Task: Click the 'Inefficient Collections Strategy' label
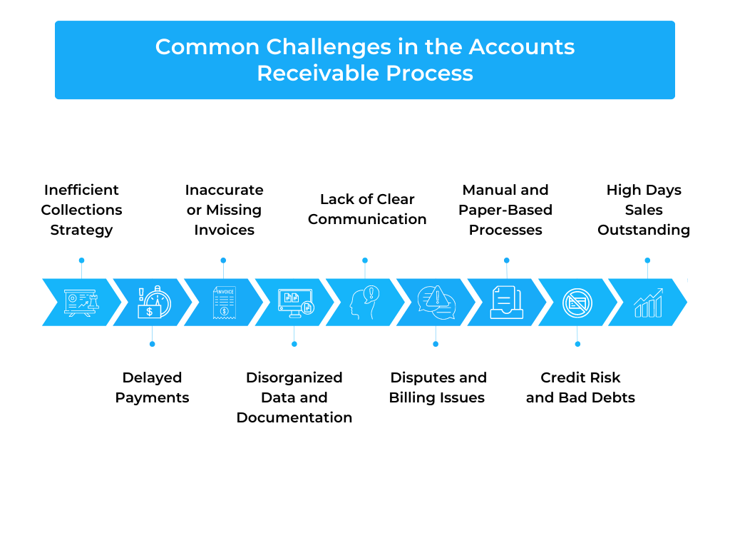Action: pos(81,210)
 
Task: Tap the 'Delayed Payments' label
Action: pos(153,387)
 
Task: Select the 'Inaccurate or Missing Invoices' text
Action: pos(224,210)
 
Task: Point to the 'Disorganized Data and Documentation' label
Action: pos(294,397)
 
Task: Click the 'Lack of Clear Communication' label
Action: pos(367,209)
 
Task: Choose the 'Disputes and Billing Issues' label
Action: pos(438,387)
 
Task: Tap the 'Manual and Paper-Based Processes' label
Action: pos(505,210)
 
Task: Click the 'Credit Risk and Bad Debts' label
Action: pos(580,387)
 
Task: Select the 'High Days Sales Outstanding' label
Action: pos(644,210)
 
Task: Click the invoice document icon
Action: pos(225,303)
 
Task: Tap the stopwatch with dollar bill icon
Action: pos(155,302)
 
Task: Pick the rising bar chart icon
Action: pos(649,303)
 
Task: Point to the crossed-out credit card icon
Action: pos(577,303)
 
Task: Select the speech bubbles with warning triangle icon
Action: pos(436,303)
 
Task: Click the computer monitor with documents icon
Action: pos(296,303)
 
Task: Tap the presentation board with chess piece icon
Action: pos(81,303)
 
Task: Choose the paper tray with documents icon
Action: pos(507,303)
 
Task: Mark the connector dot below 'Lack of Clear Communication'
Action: pos(365,260)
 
